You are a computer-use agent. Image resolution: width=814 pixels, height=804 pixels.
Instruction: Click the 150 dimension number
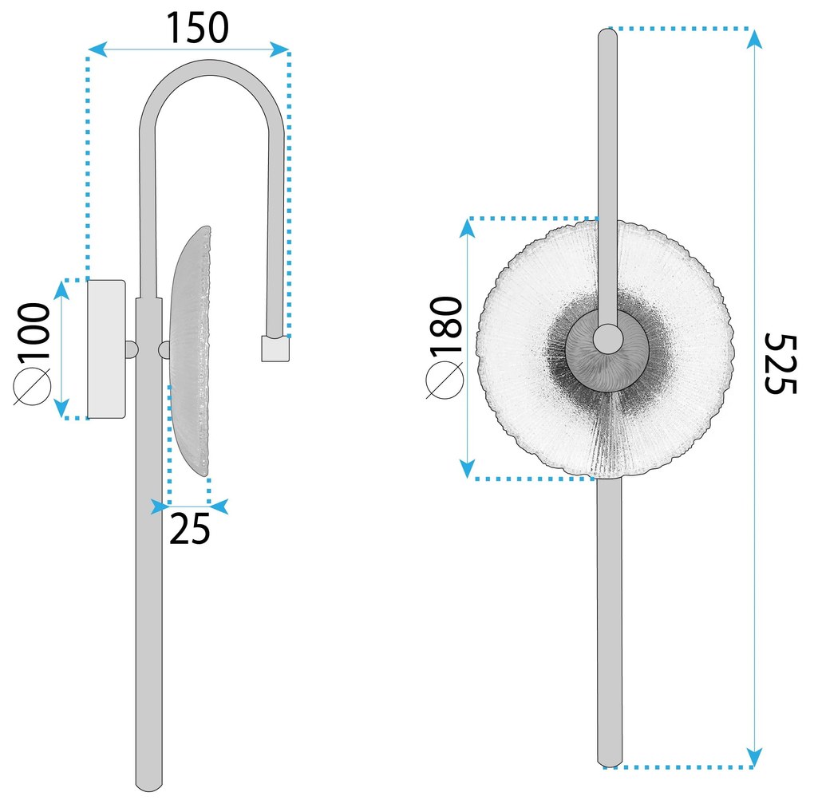(x=197, y=28)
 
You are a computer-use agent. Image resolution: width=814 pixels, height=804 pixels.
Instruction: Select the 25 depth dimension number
(x=190, y=530)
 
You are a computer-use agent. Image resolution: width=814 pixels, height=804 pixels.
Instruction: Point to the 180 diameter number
(x=445, y=328)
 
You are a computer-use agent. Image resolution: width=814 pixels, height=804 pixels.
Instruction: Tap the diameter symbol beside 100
(x=33, y=388)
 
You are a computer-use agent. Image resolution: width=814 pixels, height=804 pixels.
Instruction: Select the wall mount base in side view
(x=106, y=349)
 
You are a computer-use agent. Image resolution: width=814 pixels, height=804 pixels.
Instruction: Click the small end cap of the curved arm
(x=275, y=349)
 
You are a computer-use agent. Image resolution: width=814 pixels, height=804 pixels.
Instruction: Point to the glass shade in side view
(x=192, y=351)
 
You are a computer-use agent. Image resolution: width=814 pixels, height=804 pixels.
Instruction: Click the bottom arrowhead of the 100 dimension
(x=61, y=410)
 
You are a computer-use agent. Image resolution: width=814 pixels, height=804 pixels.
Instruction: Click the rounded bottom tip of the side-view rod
(x=148, y=785)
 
